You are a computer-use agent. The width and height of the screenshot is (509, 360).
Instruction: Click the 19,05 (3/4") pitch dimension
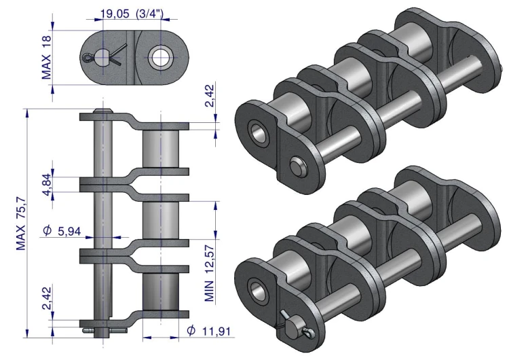pos(132,14)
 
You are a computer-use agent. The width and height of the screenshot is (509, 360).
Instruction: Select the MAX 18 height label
pos(46,58)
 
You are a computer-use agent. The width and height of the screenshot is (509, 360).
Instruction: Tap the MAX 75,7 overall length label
pos(21,223)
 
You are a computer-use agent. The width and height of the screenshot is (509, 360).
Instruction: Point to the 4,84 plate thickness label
pos(47,185)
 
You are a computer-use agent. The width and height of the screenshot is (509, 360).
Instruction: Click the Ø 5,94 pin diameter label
pos(62,231)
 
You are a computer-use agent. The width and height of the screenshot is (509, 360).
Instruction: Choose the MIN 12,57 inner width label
pos(210,273)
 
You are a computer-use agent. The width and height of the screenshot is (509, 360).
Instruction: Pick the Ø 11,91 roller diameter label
pos(209,331)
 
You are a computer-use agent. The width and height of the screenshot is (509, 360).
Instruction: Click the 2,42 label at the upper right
pos(210,96)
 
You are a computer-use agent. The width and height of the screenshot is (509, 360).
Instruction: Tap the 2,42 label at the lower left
pos(47,298)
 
